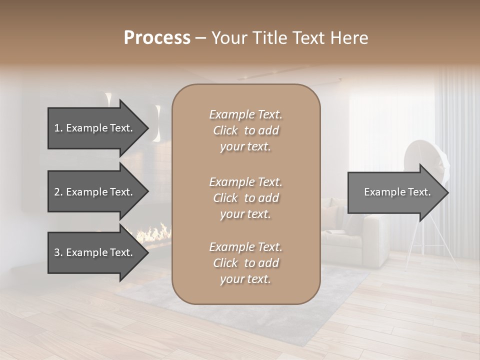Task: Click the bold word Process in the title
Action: click(x=157, y=38)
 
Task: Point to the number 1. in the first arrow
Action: click(x=58, y=128)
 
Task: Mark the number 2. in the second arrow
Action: click(x=58, y=192)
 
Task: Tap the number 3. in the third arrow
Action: click(x=58, y=252)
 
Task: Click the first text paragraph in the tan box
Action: click(x=245, y=130)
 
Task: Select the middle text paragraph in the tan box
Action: click(x=245, y=198)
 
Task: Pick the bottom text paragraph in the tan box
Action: click(x=245, y=263)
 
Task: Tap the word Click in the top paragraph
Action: click(x=225, y=130)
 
